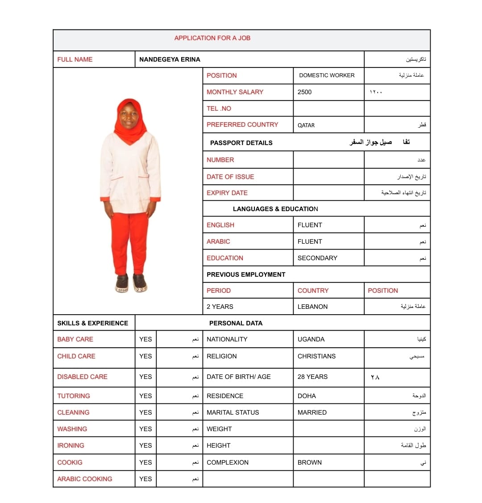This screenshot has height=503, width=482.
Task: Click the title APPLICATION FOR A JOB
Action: coord(212,38)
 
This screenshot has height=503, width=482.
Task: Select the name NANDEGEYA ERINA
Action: coord(170,59)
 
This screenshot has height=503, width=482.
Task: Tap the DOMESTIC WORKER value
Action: coord(327,75)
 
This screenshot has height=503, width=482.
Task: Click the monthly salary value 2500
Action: coord(304,92)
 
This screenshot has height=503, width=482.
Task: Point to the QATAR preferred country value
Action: coord(306,125)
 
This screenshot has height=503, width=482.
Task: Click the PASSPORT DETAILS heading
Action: coord(241,143)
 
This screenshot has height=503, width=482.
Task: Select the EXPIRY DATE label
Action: coord(227,193)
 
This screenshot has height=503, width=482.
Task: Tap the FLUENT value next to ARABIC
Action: coord(310,241)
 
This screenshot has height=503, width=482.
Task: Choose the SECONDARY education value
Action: coord(317,258)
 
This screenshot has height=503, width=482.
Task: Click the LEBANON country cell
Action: coord(312,307)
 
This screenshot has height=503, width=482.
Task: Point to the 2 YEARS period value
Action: coord(220,307)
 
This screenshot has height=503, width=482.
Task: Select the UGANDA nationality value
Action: coord(311,339)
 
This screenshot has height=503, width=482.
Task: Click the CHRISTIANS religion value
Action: coord(316,356)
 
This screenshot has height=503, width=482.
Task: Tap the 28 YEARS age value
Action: coord(312,377)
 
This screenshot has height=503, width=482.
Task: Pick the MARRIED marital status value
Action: coord(312,412)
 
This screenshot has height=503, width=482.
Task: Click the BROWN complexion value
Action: coord(309,462)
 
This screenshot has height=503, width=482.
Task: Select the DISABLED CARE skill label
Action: coord(82,377)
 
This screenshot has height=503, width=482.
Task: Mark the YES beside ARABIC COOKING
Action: coord(145,479)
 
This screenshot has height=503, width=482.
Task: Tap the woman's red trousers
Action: coord(129,241)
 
